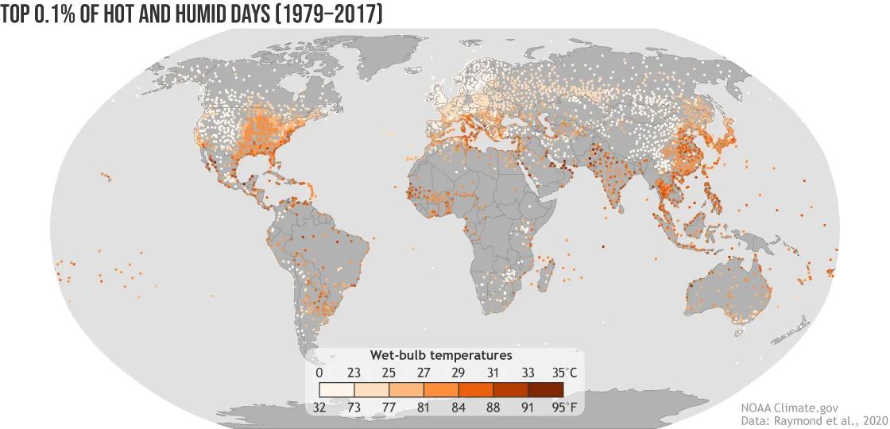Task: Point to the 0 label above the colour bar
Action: click(x=319, y=372)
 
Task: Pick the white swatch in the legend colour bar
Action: click(x=337, y=389)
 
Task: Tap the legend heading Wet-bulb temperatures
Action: click(x=440, y=354)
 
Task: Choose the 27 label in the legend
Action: click(x=424, y=372)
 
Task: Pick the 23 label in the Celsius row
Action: click(x=354, y=372)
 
